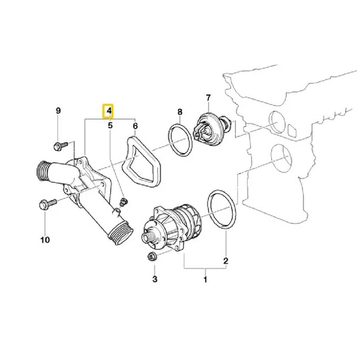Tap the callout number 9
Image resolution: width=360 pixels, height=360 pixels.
click(58, 111)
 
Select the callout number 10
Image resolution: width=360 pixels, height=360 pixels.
click(44, 240)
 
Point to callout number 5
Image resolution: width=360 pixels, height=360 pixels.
click(110, 126)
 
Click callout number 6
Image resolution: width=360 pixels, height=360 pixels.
click(135, 126)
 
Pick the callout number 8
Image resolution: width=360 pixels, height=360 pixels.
click(179, 112)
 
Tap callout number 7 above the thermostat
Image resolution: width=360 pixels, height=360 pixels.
click(208, 97)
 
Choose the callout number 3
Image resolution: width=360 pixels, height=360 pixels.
click(154, 279)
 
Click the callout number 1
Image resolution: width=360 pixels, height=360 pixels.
click(205, 280)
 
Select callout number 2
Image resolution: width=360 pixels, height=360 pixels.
click(226, 261)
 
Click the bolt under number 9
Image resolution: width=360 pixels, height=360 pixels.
click(59, 146)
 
